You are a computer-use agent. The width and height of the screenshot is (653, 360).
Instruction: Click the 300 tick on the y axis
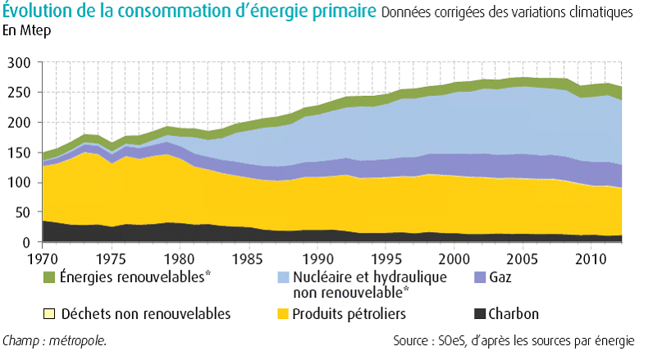(19, 62)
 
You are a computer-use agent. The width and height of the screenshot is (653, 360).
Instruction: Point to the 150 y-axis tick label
(19, 153)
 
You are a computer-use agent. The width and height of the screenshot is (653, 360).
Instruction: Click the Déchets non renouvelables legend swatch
(50, 314)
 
